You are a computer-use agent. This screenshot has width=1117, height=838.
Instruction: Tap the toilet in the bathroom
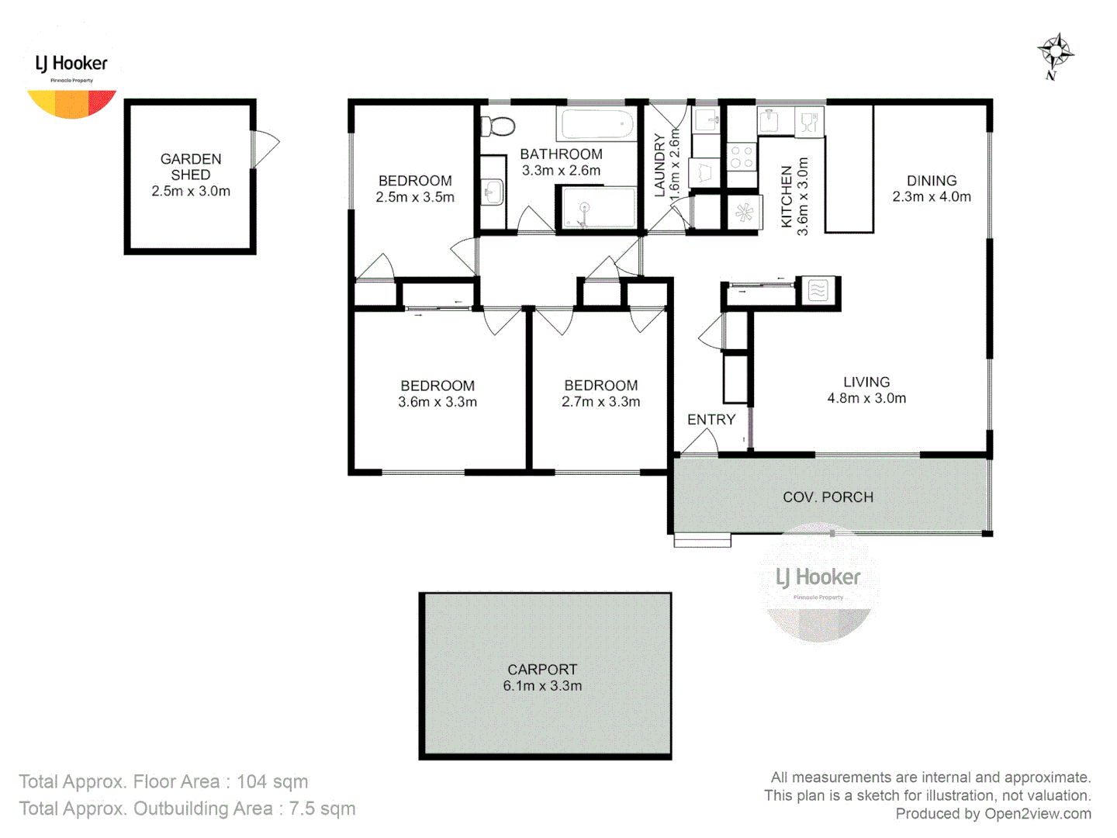point(498,126)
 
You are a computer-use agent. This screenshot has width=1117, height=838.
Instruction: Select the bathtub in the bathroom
point(596,124)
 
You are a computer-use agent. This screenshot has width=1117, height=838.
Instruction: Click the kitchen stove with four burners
point(742,156)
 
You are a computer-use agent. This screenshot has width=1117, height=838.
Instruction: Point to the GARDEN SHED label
point(191,167)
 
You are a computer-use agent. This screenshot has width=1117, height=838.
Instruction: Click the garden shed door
point(265,147)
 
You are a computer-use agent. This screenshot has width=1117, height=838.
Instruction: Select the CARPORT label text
point(542,669)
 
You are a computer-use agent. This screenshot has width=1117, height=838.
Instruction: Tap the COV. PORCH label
point(828,497)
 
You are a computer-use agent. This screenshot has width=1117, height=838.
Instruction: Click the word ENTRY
point(711,420)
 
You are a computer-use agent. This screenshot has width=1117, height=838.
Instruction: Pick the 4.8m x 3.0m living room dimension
point(866,398)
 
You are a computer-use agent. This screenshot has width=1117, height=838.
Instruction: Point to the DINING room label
point(932,180)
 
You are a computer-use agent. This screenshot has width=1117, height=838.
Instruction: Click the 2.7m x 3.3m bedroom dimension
point(601,402)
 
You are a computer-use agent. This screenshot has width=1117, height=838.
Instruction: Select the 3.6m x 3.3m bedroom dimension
point(437,402)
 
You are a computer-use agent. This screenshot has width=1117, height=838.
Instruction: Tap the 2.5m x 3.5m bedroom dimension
point(415,197)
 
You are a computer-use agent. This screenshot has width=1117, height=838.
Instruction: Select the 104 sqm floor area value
point(272,781)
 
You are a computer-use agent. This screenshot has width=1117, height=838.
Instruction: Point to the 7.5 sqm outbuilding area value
point(322,809)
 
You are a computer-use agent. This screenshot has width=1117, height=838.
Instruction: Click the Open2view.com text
point(1038,813)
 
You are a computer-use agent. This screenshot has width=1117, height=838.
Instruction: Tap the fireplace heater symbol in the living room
point(818,291)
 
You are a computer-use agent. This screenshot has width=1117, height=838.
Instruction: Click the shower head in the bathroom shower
point(584,208)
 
